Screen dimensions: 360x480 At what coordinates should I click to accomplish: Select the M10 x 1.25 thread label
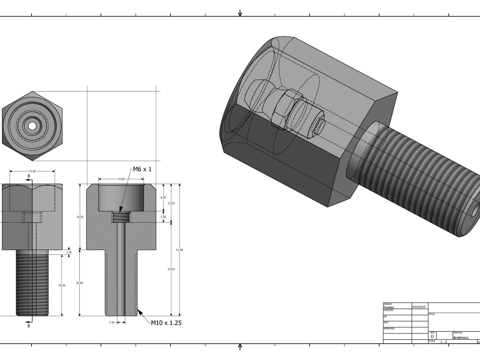[166, 323]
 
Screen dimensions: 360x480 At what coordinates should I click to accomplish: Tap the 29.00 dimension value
[171, 269]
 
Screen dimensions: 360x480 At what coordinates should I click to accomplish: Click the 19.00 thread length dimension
[61, 286]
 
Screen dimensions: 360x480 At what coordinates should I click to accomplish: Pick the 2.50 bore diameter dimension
[111, 323]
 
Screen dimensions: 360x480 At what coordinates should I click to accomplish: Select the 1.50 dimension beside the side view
[68, 252]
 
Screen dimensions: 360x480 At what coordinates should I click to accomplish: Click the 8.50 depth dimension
[163, 197]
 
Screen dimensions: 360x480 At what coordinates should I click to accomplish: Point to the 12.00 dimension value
[171, 203]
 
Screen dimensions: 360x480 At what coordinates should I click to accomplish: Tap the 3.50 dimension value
[163, 217]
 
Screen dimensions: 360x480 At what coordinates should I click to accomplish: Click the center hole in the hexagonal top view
[32, 126]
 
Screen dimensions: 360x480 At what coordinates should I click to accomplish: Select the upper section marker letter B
[28, 176]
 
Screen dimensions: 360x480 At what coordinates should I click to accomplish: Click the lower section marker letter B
[28, 326]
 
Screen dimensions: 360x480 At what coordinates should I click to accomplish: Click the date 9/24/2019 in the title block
[419, 306]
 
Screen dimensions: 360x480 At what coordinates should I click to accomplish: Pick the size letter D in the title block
[432, 336]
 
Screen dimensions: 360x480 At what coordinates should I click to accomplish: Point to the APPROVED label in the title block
[389, 329]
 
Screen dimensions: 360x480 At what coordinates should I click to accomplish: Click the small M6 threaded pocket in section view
[120, 217]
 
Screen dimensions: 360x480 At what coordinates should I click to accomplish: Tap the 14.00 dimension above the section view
[120, 179]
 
